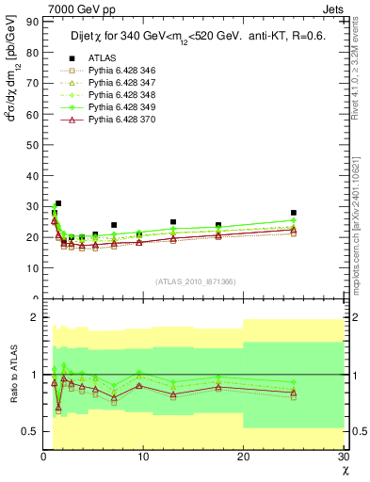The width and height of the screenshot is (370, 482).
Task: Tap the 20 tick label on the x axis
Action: point(242,457)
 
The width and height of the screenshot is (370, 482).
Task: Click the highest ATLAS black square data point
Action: point(58,203)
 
